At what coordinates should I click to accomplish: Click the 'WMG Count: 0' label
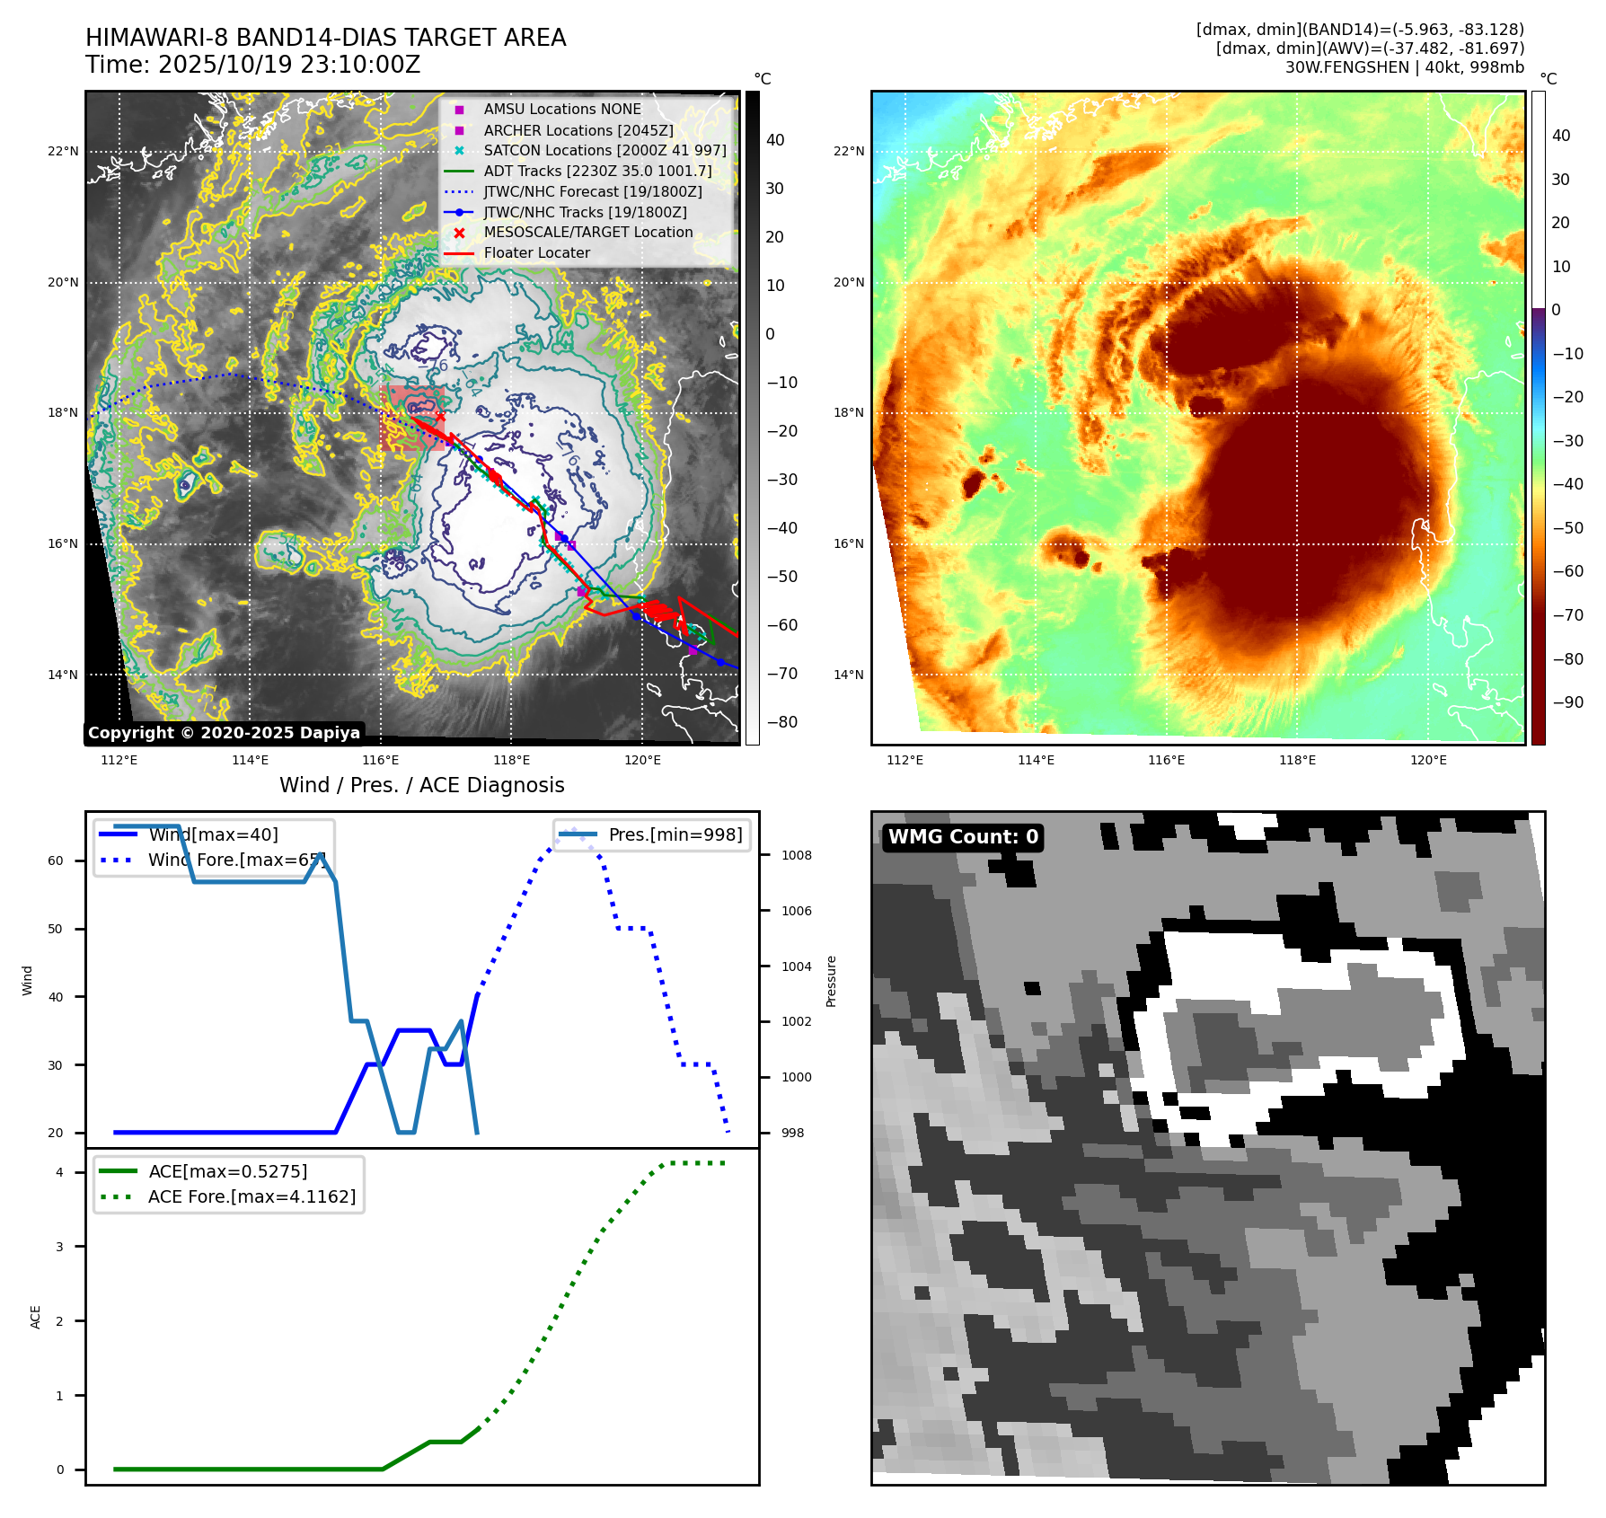(963, 837)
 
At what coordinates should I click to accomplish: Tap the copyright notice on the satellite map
(225, 733)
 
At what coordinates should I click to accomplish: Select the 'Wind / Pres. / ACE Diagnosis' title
(422, 785)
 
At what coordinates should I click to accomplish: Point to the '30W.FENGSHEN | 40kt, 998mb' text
(1404, 67)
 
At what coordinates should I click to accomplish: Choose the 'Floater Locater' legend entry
(536, 253)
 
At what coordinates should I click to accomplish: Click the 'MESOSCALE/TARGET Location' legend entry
(587, 233)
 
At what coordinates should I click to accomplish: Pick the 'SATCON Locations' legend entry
(604, 151)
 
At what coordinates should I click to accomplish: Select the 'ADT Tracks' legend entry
(597, 172)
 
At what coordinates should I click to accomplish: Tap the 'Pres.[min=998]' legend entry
(675, 834)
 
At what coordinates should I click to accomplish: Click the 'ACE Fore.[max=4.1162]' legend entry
(251, 1196)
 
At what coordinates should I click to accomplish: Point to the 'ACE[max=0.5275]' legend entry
(227, 1171)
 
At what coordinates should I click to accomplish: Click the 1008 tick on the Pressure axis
(796, 855)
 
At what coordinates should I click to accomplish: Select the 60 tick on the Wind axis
(56, 860)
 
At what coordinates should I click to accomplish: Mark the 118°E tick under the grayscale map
(511, 760)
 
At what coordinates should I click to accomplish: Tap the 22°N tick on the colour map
(849, 151)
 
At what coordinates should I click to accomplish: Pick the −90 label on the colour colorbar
(1567, 702)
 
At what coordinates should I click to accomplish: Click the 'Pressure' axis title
(831, 981)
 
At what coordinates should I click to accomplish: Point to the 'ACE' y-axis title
(36, 1317)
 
